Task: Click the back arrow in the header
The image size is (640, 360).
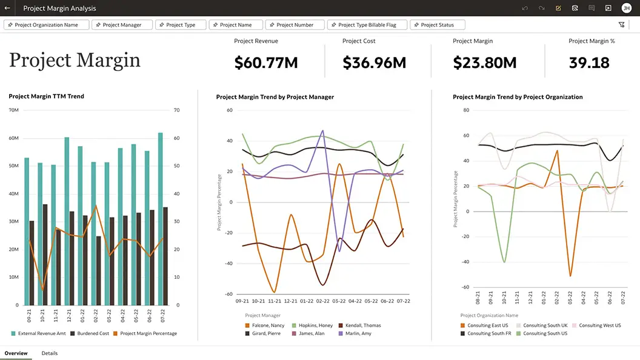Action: tap(7, 8)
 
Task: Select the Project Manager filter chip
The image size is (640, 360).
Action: tap(122, 25)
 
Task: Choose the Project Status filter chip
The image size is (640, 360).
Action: tap(437, 25)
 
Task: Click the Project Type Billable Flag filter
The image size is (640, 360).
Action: tap(367, 25)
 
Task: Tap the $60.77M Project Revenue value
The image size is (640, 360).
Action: tap(266, 62)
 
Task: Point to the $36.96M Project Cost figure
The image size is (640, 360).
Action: tap(374, 62)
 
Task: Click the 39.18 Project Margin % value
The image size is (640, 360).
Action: tap(589, 62)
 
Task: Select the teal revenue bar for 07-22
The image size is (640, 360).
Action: tap(160, 218)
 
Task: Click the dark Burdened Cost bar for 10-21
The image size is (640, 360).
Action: tap(45, 255)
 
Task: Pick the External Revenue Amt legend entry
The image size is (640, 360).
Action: tap(39, 333)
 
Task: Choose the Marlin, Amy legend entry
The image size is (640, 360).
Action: tap(358, 333)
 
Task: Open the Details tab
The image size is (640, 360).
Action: tap(50, 353)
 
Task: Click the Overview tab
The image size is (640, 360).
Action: tap(16, 353)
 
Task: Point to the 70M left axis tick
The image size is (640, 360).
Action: tap(14, 110)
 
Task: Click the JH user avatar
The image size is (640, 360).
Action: tap(627, 8)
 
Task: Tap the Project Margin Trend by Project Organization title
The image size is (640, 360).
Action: tap(518, 97)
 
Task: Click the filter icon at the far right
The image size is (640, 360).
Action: tap(621, 25)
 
